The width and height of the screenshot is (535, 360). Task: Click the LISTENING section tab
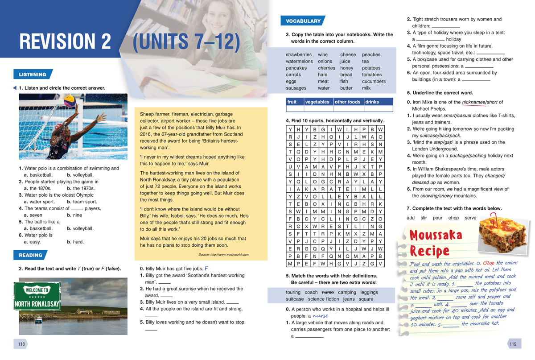click(x=33, y=74)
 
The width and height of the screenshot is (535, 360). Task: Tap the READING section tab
click(x=30, y=255)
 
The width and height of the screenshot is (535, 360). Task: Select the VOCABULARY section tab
click(x=303, y=21)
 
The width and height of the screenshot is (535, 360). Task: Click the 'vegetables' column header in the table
click(x=317, y=102)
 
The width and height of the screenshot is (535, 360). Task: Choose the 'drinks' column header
click(x=372, y=102)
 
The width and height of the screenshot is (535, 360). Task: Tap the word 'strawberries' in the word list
click(x=299, y=55)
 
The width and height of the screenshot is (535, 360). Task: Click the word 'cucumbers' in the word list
click(x=374, y=82)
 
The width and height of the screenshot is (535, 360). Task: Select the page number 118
click(x=21, y=344)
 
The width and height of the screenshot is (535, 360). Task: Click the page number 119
click(x=513, y=344)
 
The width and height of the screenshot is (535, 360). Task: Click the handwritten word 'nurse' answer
click(x=320, y=316)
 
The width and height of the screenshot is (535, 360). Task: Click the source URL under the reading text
click(x=223, y=255)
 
